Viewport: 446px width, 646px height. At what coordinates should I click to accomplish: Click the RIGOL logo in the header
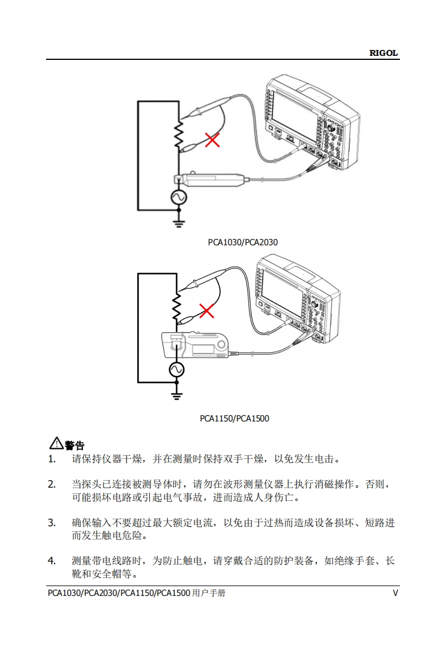coord(383,53)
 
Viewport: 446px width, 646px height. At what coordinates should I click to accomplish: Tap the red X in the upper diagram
coord(212,139)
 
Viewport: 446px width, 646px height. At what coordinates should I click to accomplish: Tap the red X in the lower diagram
coord(206,311)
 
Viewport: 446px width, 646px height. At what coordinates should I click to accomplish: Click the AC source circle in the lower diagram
coord(176,369)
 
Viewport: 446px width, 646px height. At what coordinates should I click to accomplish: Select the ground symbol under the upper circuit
coord(179,221)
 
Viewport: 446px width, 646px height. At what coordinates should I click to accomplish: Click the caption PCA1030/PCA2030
coord(243,242)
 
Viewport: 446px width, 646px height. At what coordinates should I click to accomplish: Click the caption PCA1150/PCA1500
coord(235,419)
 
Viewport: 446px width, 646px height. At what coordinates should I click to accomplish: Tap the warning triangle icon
coord(56,443)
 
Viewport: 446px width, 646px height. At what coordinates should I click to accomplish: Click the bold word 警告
coord(75,445)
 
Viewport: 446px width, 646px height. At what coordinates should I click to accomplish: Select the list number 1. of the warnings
coord(52,459)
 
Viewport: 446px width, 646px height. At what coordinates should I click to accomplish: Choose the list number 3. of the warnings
coord(52,523)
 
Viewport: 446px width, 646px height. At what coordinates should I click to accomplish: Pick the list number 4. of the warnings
coord(52,561)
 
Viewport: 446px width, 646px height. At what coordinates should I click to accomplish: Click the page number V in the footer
coord(395,593)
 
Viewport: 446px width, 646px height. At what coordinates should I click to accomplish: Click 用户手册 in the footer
coord(208,593)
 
